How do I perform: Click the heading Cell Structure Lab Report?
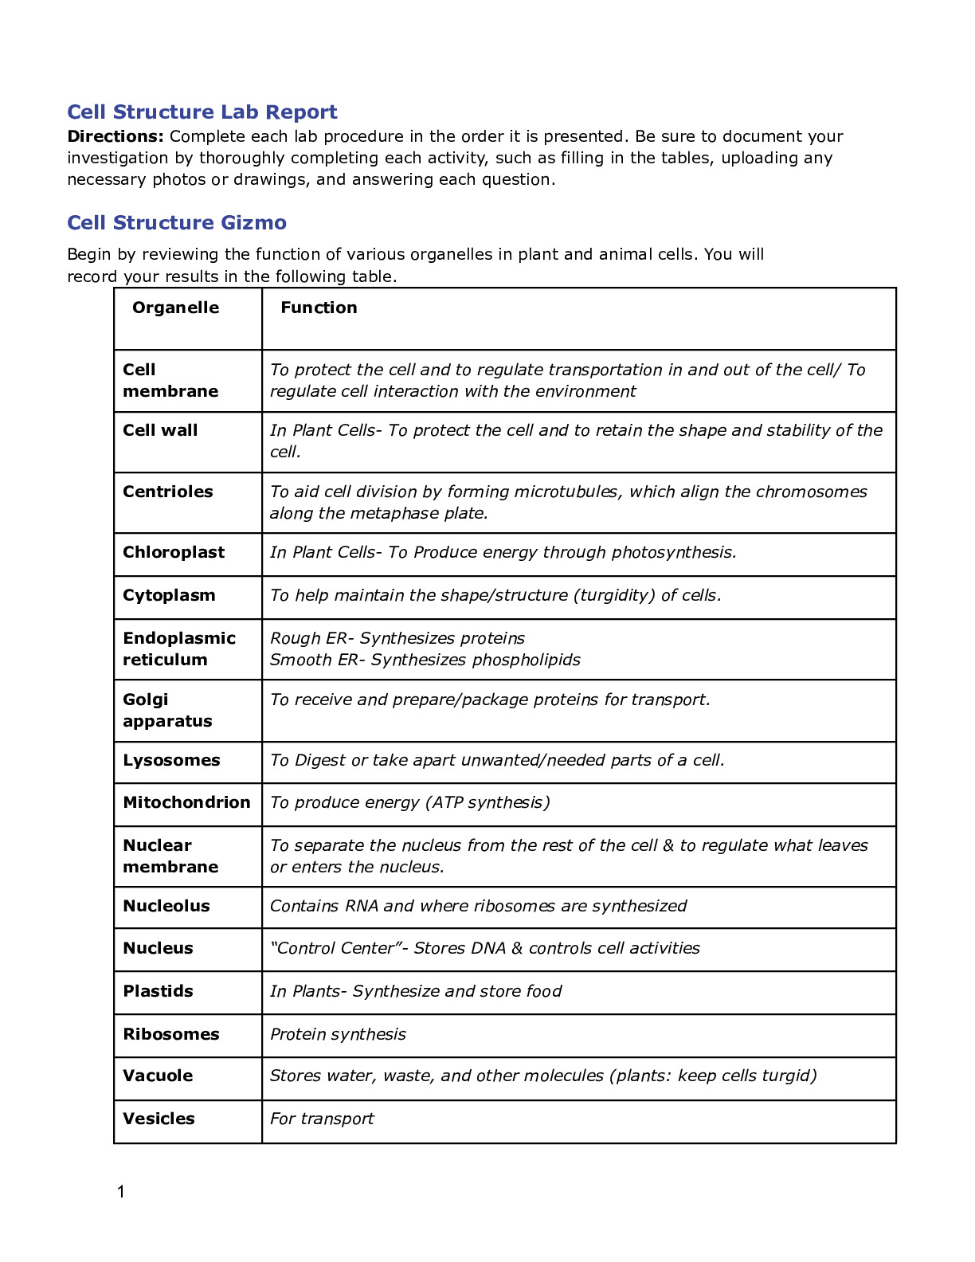pos(202,112)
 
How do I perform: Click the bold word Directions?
pos(115,136)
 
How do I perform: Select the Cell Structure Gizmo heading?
pos(177,222)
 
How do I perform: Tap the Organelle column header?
pos(175,308)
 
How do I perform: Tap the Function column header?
pos(319,308)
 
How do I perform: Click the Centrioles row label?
pos(168,492)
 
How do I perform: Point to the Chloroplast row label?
pos(174,552)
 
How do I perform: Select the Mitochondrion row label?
pos(186,802)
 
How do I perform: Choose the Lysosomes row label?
pos(171,760)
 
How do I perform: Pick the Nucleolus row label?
pos(166,906)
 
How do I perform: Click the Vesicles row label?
pos(159,1119)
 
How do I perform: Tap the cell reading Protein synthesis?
pos(338,1034)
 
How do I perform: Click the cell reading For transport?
pos(322,1119)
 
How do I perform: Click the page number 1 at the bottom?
pos(121,1192)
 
